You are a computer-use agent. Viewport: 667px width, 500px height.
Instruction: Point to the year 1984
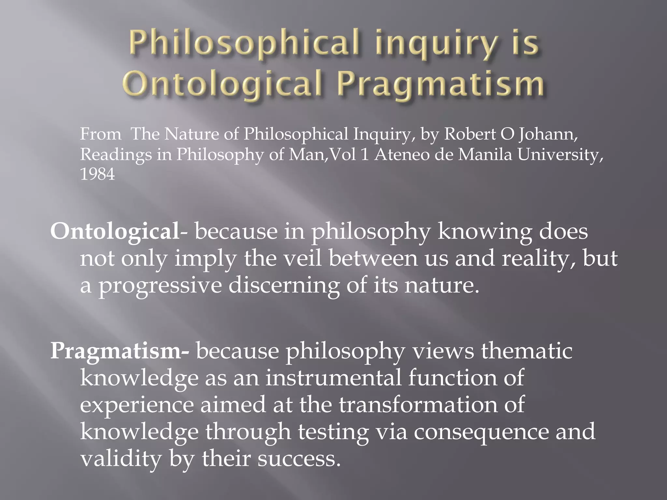coord(97,174)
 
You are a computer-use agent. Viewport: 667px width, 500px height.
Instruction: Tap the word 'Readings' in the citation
coord(116,155)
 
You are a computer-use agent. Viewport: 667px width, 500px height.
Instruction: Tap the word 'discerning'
coord(284,285)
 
